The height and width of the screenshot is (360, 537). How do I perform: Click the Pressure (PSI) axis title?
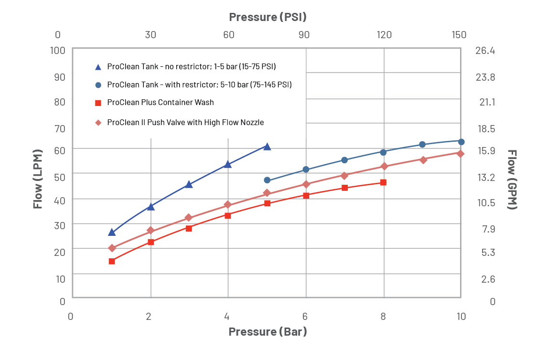268,17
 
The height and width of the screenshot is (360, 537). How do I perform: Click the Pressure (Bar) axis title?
268,331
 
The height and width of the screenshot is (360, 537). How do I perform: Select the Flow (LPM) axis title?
38,180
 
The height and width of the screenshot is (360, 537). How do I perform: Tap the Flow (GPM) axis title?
512,180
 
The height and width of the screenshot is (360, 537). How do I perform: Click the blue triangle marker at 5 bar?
267,147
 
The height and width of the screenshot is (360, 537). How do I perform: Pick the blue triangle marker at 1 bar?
112,232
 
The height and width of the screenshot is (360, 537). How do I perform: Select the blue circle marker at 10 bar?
461,142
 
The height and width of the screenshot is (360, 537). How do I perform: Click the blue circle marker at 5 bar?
267,180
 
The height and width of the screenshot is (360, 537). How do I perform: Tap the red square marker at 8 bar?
383,182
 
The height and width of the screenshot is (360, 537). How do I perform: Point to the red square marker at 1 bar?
112,261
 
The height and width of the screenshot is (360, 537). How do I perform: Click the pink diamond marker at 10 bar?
461,153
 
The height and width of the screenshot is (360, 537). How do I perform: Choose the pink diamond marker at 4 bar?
228,205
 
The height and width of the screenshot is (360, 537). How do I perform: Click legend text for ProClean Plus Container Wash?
160,103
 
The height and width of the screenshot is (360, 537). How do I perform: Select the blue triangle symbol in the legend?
98,67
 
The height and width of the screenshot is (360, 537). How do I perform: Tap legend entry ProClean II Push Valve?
185,123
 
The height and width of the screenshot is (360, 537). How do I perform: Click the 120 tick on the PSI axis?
384,35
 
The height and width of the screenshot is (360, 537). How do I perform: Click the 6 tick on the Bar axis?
305,317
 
